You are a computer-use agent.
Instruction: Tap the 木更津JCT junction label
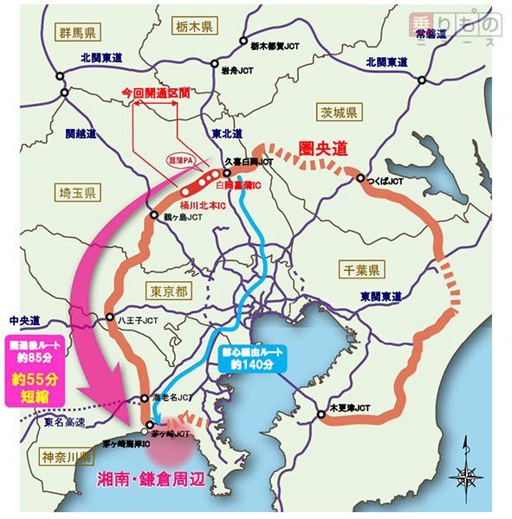349,406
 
